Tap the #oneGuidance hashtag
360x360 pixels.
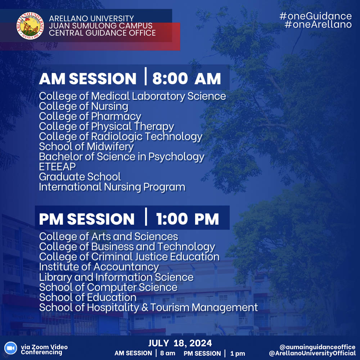tap(315, 16)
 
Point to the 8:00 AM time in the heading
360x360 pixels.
tap(186, 79)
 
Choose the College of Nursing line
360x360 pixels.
tap(84, 106)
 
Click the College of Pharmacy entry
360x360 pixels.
tap(90, 116)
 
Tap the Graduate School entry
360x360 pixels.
tap(80, 177)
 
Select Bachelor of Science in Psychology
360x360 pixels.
tap(122, 157)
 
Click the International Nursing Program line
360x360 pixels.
tap(112, 187)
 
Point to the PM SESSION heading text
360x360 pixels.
tap(87, 219)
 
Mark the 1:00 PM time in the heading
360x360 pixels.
tap(187, 219)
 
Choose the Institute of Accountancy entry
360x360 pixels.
tap(99, 267)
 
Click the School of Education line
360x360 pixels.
tap(87, 297)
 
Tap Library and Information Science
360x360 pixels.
tap(116, 277)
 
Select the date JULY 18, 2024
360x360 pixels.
tap(180, 343)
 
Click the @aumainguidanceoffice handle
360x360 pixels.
tap(317, 347)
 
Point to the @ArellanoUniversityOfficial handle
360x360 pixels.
tap(312, 353)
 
